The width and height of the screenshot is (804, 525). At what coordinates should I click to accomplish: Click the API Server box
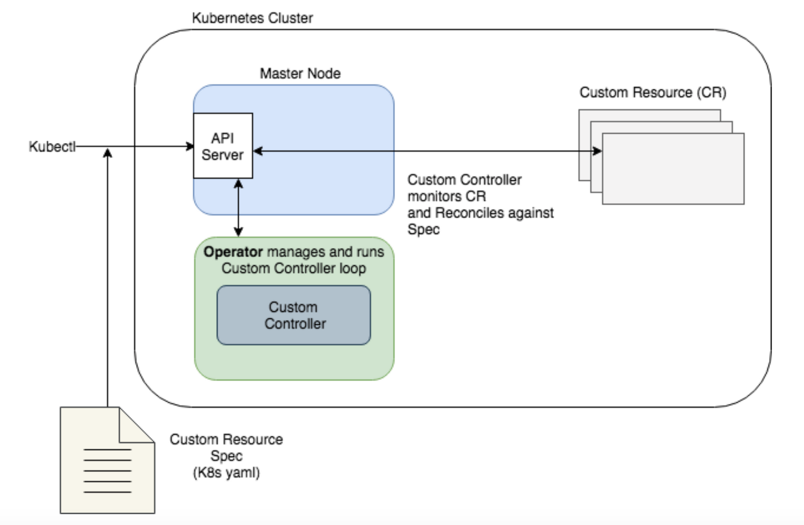[x=223, y=146]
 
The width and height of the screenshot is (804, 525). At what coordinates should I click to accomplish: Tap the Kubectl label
[x=52, y=147]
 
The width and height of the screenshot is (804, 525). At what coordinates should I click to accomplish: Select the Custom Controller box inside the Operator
[x=294, y=315]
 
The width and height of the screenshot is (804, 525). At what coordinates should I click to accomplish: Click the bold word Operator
[x=233, y=252]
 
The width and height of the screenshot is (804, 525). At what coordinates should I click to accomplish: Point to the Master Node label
[x=300, y=73]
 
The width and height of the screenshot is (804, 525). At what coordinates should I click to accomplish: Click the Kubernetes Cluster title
[x=252, y=18]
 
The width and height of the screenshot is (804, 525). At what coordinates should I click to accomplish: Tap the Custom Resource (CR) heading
[x=652, y=92]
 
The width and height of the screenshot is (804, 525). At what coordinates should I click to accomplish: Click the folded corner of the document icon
[x=135, y=426]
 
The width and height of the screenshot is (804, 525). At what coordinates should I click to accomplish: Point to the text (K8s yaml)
[x=226, y=473]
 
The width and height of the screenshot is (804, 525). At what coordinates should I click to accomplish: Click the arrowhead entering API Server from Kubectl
[x=190, y=146]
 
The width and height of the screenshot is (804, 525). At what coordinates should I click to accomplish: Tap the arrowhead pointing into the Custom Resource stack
[x=597, y=151]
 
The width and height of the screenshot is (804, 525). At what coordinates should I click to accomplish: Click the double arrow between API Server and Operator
[x=238, y=208]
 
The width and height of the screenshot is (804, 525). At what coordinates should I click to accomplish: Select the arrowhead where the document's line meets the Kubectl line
[x=107, y=153]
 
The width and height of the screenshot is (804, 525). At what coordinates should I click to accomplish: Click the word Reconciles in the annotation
[x=469, y=213]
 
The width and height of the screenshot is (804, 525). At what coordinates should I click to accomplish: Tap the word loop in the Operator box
[x=353, y=268]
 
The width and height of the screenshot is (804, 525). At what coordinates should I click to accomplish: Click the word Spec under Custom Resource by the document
[x=226, y=456]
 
